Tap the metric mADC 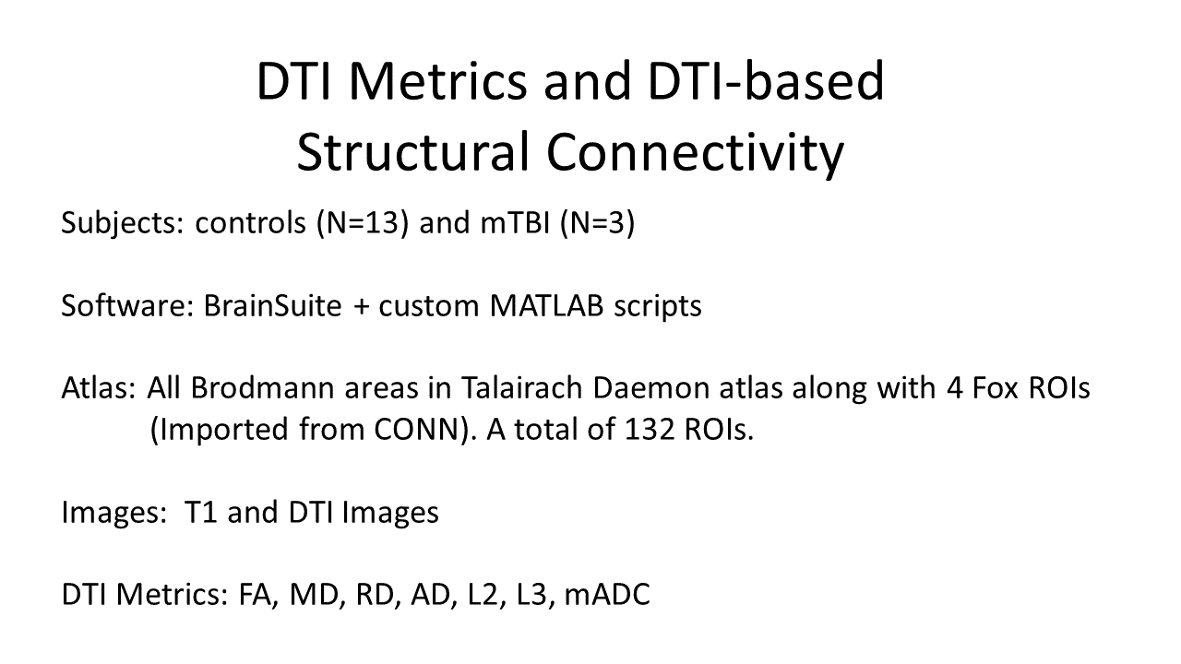click(x=606, y=594)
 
